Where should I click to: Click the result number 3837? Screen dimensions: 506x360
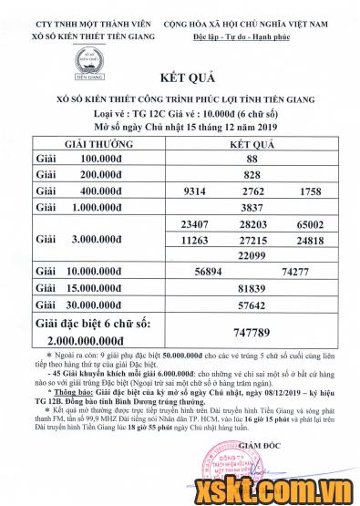(x=252, y=207)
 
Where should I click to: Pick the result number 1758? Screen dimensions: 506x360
(x=310, y=191)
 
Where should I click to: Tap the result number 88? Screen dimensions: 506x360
(x=252, y=159)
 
